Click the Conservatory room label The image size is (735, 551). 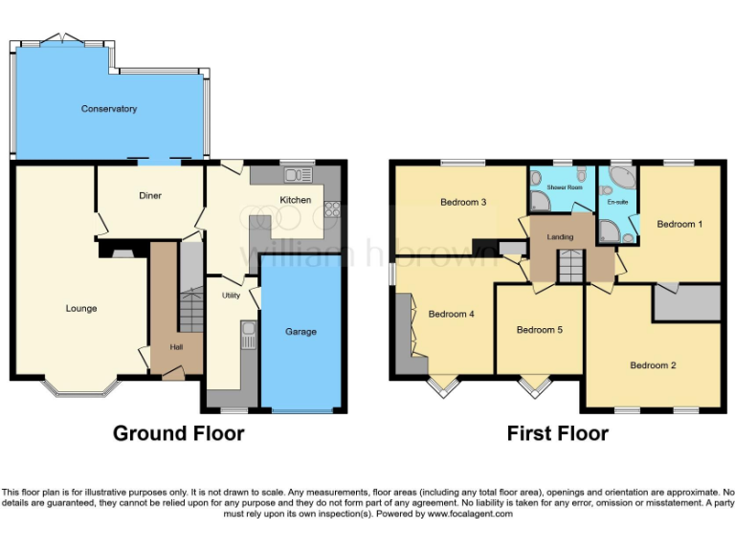point(108,109)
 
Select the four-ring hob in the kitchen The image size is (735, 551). point(332,209)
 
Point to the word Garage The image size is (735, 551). point(301,332)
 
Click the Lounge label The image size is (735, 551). point(81,308)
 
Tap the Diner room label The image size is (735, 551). point(150,196)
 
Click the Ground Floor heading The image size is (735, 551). point(178,433)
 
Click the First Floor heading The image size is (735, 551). point(557,433)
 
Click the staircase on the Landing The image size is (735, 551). point(570,265)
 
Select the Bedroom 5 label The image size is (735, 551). point(539,330)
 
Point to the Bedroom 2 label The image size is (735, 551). point(653,365)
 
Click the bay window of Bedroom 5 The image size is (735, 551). point(534,386)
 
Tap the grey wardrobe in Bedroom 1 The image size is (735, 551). point(686,303)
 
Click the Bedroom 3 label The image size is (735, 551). point(464,202)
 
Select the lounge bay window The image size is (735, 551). point(82,387)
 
